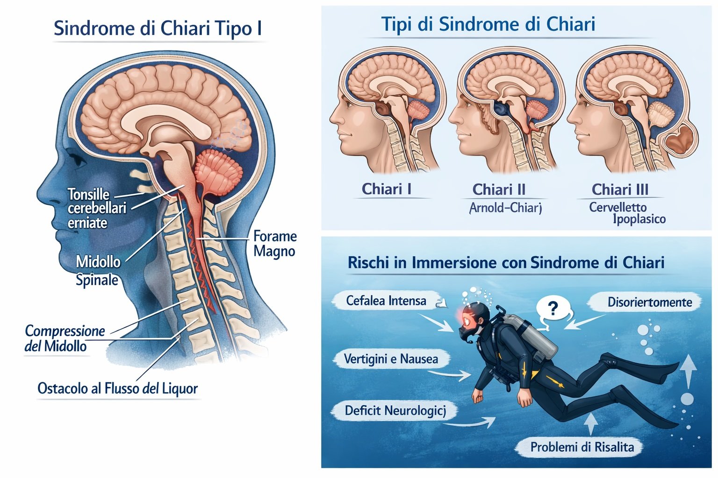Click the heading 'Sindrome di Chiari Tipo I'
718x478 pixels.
158,28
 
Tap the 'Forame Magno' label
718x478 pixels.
275,244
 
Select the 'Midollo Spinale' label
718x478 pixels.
98,271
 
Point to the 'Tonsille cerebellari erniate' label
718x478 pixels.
97,208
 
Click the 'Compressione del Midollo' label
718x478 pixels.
65,338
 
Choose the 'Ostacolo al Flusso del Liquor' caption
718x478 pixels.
118,388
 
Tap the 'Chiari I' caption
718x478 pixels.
386,189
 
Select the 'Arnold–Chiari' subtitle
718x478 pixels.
505,208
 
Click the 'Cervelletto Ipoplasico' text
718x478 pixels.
627,213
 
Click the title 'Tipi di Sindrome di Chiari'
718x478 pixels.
488,24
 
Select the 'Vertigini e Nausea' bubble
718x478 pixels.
391,358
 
